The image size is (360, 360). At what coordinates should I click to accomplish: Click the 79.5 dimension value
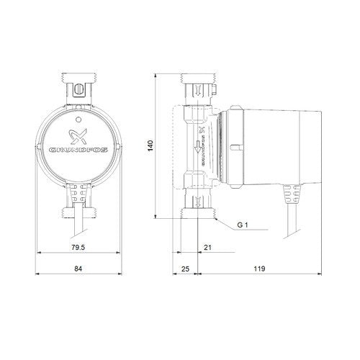point(78,247)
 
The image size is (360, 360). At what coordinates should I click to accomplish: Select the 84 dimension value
point(78,269)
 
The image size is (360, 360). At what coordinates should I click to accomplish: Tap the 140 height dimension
point(150,145)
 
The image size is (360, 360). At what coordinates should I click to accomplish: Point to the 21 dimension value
point(208,247)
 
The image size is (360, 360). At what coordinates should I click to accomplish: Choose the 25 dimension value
point(185,269)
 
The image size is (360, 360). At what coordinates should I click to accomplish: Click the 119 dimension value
point(259,269)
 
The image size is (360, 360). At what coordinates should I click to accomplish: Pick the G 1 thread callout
point(243,225)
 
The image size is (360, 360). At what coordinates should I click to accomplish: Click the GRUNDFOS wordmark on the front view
point(78,150)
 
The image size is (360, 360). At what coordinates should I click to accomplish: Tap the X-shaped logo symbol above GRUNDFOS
point(78,137)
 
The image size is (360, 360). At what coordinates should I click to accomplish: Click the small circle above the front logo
point(78,119)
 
